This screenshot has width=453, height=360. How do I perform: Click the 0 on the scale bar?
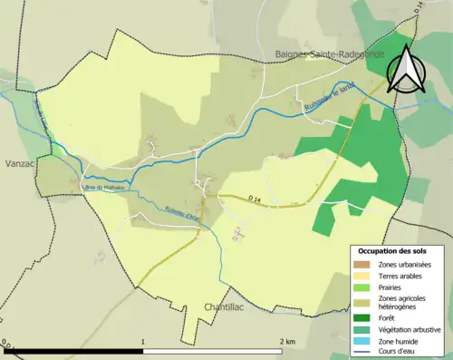click(x=5, y=342)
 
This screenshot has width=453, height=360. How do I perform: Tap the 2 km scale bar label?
click(x=286, y=342)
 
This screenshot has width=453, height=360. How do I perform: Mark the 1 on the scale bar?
click(x=144, y=342)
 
